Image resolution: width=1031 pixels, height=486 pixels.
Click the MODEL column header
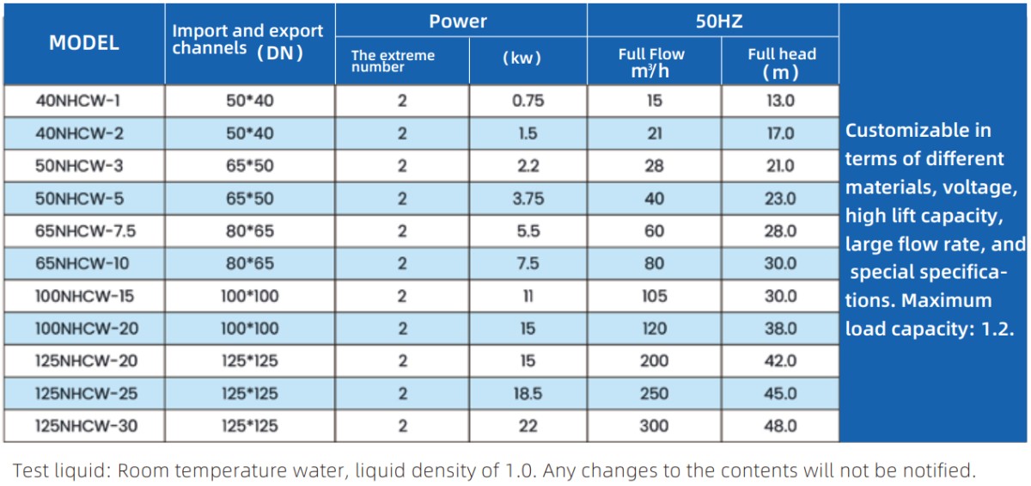coord(84,43)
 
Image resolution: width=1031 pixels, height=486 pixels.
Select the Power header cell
coord(457,22)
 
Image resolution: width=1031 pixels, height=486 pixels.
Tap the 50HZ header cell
coord(719,22)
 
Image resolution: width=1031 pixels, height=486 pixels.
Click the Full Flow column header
coord(651,62)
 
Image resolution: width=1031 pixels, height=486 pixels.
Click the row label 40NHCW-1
coord(78,101)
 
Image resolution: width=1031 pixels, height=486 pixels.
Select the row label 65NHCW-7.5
coord(85,231)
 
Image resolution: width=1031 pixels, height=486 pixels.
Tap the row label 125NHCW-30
coord(86,426)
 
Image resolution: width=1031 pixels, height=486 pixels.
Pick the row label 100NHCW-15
coord(84,296)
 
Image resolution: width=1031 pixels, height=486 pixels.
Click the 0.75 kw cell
coord(528,101)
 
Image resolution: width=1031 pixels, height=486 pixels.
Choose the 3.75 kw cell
coord(528,199)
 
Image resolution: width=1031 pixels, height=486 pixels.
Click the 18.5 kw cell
coord(528,393)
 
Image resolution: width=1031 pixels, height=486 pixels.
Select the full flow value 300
coord(654,426)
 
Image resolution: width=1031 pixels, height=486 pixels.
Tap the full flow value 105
coord(654,296)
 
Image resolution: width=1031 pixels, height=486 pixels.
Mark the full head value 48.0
coord(780,426)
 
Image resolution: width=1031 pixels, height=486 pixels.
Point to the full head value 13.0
coord(780,101)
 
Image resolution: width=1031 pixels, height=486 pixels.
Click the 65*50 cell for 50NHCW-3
coord(249,166)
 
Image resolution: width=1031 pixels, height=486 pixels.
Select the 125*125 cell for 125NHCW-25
coord(249,393)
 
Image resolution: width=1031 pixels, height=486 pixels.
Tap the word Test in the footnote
coord(30,471)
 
